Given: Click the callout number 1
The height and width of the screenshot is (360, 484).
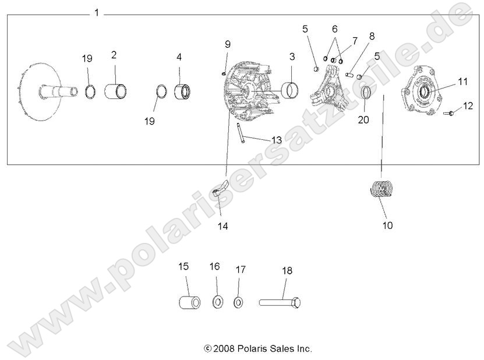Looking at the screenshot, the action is coord(97,13).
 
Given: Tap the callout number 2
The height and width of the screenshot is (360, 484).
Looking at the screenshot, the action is coord(114,55).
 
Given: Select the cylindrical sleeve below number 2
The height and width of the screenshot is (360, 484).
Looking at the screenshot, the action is coord(116,91).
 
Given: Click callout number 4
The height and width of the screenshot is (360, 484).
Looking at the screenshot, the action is coord(179,57).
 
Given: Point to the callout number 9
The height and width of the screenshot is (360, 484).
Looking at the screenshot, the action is coord(228,44).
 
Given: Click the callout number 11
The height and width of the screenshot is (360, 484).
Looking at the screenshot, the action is coord(462,82).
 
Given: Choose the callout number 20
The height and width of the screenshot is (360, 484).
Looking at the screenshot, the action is coord(364,121).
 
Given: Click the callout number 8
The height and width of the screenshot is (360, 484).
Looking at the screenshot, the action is coord(372,36).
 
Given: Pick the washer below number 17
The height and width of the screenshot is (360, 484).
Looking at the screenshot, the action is coord(238,302).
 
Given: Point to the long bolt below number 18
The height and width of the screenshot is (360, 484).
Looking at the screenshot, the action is coord(280,302).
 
